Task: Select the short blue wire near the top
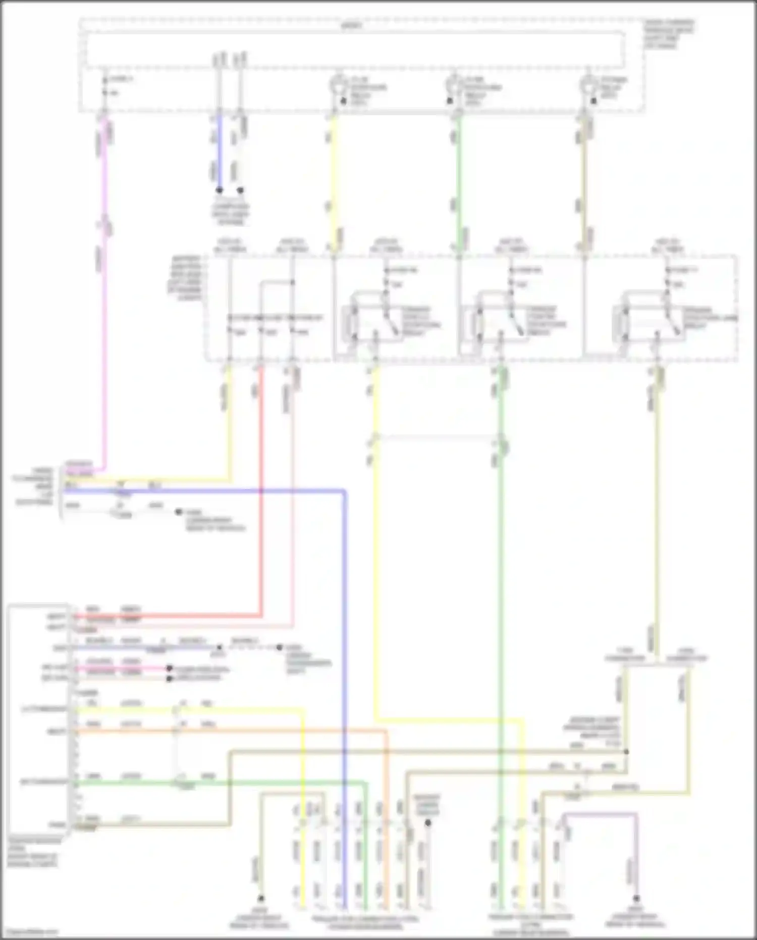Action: [x=219, y=152]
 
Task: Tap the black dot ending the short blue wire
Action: [x=219, y=190]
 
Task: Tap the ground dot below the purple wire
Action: [x=636, y=899]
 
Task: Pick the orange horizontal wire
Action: [x=227, y=730]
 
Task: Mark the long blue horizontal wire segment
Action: [x=202, y=490]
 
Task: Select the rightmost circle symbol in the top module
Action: [x=587, y=83]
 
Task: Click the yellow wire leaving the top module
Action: [x=334, y=177]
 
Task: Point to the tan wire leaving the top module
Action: [x=585, y=177]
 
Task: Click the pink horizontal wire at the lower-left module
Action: [x=121, y=668]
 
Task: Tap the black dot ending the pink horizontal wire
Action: [x=170, y=668]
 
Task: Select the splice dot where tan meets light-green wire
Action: [x=626, y=752]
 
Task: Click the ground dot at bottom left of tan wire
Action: [x=261, y=899]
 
